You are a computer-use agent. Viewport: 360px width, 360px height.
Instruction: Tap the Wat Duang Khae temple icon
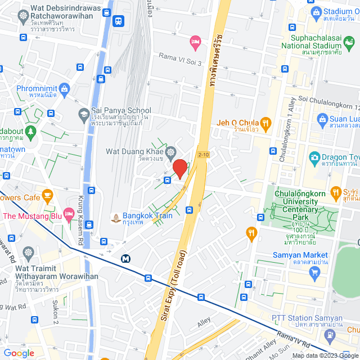click(170, 152)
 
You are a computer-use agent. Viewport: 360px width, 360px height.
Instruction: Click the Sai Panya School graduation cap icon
click(83, 114)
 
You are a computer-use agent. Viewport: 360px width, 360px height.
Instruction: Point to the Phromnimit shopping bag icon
click(65, 88)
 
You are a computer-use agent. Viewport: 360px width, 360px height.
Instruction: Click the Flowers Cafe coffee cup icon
click(47, 196)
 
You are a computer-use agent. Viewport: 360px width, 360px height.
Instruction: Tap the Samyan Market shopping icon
click(314, 273)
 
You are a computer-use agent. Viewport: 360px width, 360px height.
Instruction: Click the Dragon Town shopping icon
click(314, 157)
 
